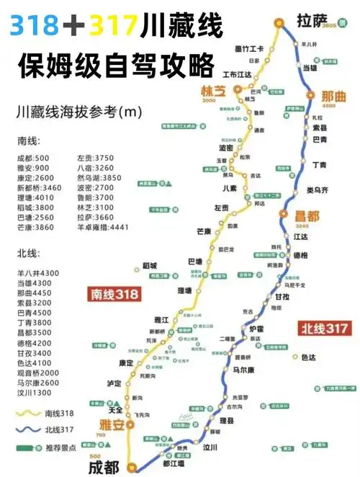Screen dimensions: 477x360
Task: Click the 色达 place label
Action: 309,357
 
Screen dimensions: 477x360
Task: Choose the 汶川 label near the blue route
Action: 210,447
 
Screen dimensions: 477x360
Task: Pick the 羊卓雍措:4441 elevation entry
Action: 102,226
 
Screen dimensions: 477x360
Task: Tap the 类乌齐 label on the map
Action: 318,190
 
